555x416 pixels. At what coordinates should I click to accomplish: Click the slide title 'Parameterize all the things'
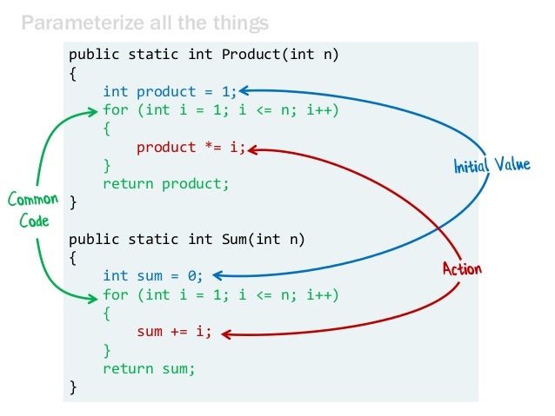[x=144, y=22]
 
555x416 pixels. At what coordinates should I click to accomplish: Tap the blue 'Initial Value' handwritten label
[x=491, y=164]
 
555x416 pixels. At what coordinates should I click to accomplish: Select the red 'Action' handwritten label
[x=461, y=268]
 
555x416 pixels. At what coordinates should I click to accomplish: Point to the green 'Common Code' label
[x=33, y=210]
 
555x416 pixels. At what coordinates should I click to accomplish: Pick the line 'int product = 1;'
[x=170, y=91]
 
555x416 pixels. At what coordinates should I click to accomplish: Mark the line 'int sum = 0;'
[x=152, y=276]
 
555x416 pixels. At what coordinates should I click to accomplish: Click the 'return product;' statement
[x=165, y=183]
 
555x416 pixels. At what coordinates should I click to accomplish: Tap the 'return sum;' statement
[x=149, y=368]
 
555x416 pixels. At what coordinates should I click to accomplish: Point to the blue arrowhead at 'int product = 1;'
[x=244, y=89]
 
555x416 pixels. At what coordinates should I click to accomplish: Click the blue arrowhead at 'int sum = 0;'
[x=217, y=276]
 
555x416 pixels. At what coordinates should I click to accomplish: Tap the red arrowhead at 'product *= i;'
[x=252, y=149]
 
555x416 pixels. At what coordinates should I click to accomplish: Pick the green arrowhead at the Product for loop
[x=92, y=110]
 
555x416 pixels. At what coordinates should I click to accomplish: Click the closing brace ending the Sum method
[x=73, y=387]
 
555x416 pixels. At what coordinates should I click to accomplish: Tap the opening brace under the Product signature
[x=73, y=73]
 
